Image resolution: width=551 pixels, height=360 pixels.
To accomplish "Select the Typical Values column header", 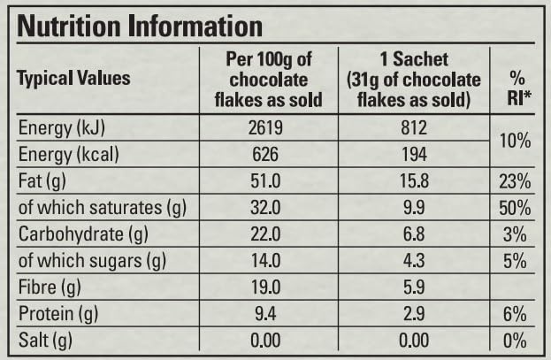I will click(x=74, y=78).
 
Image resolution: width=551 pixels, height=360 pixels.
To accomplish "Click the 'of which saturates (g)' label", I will click(x=104, y=209).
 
